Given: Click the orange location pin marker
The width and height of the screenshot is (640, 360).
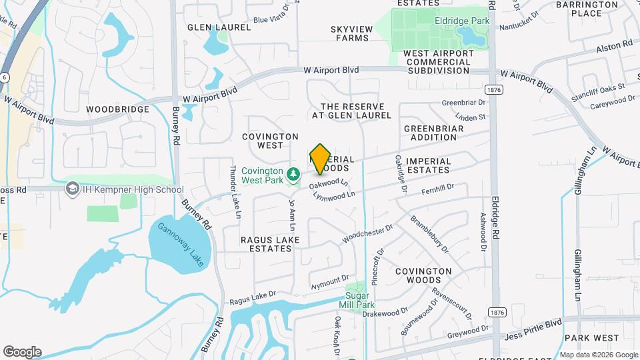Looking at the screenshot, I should pyautogui.click(x=321, y=159).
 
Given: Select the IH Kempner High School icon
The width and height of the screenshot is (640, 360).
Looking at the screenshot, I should pyautogui.click(x=72, y=189).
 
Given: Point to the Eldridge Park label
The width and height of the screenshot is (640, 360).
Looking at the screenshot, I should pyautogui.click(x=463, y=21).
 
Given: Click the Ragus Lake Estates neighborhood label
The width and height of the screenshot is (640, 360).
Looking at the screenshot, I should pyautogui.click(x=270, y=244).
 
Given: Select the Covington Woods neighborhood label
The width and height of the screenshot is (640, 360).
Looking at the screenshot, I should pyautogui.click(x=423, y=276).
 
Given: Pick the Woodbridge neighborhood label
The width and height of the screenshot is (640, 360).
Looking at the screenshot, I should pyautogui.click(x=117, y=108).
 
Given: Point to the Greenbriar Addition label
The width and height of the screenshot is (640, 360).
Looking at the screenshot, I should pyautogui.click(x=431, y=132).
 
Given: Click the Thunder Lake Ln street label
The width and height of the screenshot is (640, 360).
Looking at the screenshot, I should pyautogui.click(x=235, y=192).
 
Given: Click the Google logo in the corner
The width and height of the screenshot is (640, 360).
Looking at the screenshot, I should pyautogui.click(x=22, y=351).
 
